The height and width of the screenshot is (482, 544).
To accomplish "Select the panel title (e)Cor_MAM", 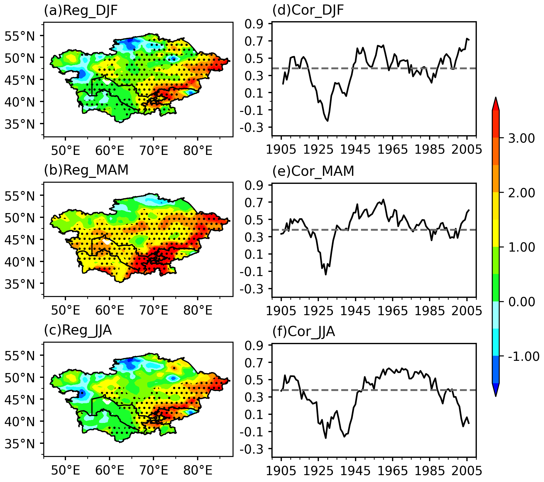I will [x=313, y=171].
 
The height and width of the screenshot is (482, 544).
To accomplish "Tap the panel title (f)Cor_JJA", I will [x=304, y=332].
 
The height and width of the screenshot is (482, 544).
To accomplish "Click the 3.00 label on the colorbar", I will [x=522, y=138].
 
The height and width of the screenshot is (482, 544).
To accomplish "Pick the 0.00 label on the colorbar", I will [x=522, y=302].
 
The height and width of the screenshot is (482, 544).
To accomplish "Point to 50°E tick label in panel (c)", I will [x=65, y=471].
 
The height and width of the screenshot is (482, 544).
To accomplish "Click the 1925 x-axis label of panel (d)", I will [x=318, y=150].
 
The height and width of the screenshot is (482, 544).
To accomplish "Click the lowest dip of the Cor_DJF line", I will [x=328, y=121].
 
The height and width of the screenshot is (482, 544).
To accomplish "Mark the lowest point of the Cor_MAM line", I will [x=326, y=275].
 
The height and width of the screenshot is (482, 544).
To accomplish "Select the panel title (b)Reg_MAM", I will [x=86, y=170].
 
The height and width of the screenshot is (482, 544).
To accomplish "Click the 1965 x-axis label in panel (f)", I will [x=392, y=471].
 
